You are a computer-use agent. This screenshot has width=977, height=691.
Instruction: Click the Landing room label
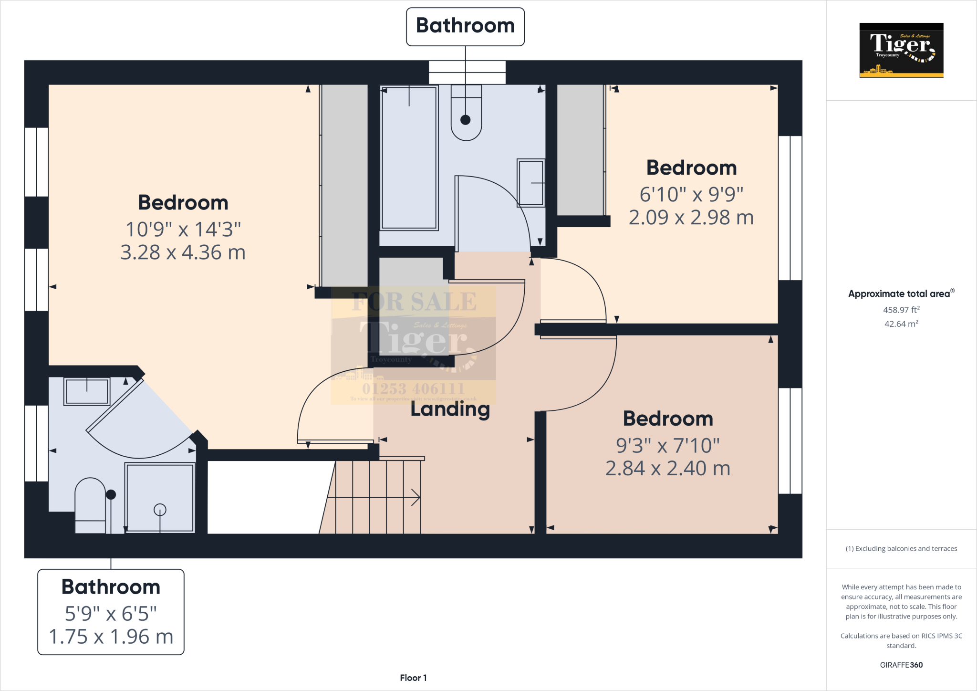pos(450,409)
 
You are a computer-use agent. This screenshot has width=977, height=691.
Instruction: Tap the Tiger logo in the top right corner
pos(901,50)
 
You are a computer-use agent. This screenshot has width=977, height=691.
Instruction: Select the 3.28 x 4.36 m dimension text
pos(183,252)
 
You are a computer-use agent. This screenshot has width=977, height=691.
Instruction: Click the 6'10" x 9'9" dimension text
pos(691,194)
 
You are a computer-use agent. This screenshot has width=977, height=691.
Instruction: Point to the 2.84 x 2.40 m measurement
pos(668,469)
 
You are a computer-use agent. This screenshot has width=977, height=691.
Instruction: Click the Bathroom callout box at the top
pos(465,26)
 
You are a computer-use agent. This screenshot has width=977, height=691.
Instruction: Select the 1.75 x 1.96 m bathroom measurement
pos(111,637)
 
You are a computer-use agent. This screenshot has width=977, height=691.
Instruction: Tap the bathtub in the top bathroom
pos(409,157)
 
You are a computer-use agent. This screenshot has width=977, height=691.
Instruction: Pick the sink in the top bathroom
pos(531,183)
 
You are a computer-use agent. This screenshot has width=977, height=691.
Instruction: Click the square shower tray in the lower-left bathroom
pos(160,497)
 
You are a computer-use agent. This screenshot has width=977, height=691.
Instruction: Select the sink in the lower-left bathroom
pos(87,391)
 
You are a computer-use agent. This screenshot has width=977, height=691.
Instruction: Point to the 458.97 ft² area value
pos(901,310)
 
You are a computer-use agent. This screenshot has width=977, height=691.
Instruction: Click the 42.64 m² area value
pos(901,324)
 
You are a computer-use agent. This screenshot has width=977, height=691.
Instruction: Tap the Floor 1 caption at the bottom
pos(413,678)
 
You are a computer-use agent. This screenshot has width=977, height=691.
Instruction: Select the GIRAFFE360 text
pos(901,665)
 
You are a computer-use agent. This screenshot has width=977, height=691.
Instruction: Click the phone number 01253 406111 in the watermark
pos(413,388)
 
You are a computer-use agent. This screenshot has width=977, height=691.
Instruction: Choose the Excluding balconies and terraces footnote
pos(901,549)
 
